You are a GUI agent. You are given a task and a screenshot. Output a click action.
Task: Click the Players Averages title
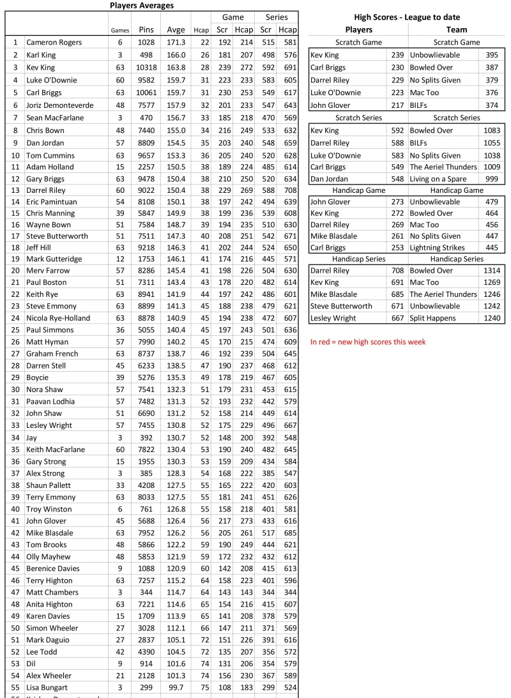142,5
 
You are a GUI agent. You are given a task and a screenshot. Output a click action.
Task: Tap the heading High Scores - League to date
407,17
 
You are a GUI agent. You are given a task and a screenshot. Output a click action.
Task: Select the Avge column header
176,29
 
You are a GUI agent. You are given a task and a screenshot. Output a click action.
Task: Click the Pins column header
146,29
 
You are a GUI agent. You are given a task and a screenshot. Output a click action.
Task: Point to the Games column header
120,30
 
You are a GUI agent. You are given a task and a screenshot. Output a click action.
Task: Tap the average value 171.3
176,42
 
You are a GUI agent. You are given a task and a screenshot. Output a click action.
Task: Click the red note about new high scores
368,342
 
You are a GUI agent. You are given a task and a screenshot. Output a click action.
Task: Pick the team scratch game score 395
492,55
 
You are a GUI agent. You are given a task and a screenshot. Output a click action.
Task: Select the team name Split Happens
434,319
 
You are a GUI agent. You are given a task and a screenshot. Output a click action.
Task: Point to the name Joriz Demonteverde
60,105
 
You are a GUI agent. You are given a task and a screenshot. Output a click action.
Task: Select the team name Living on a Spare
441,179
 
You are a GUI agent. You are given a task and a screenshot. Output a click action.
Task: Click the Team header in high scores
457,29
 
